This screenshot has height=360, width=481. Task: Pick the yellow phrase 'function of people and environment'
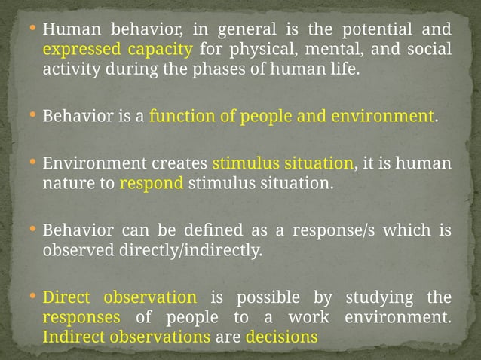click(292, 117)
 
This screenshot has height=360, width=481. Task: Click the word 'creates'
click(182, 163)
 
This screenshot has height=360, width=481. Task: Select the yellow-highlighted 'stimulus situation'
click(283, 163)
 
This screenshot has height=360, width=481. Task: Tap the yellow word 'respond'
click(152, 183)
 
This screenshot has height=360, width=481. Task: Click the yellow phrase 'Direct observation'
click(120, 297)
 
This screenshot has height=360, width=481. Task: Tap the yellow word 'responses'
click(82, 317)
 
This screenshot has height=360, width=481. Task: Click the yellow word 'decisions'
click(281, 337)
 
